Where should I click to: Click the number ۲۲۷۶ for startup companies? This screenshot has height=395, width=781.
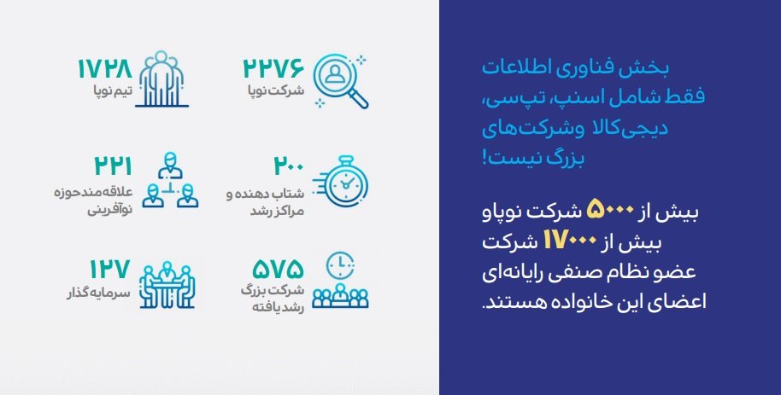tap(273, 68)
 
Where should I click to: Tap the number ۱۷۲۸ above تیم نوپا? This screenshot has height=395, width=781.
tap(104, 68)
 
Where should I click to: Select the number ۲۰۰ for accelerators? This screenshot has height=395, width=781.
tap(289, 166)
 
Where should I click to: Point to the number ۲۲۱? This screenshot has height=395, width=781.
tap(113, 166)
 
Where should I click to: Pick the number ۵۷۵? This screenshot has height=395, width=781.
tap(278, 269)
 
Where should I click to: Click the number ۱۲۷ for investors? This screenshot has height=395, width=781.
tap(109, 269)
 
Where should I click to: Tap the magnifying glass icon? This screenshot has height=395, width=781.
tap(341, 82)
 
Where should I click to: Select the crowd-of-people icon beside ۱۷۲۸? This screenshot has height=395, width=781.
tap(161, 78)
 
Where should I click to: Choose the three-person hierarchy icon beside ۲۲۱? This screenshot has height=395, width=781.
tap(170, 180)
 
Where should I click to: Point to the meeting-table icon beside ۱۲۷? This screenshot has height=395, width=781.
tap(167, 285)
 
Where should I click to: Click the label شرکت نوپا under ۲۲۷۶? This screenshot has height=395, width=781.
tap(276, 91)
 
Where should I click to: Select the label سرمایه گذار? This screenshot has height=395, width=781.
tap(98, 293)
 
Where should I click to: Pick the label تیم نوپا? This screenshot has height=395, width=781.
tap(113, 91)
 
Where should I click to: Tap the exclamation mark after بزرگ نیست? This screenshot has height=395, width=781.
tap(484, 158)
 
